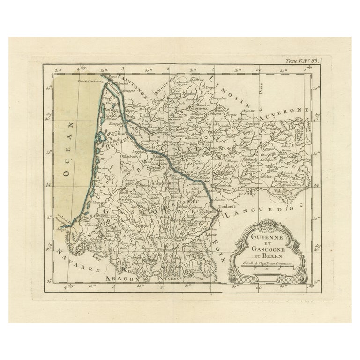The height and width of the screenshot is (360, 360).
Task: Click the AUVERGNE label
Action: [283, 115]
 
